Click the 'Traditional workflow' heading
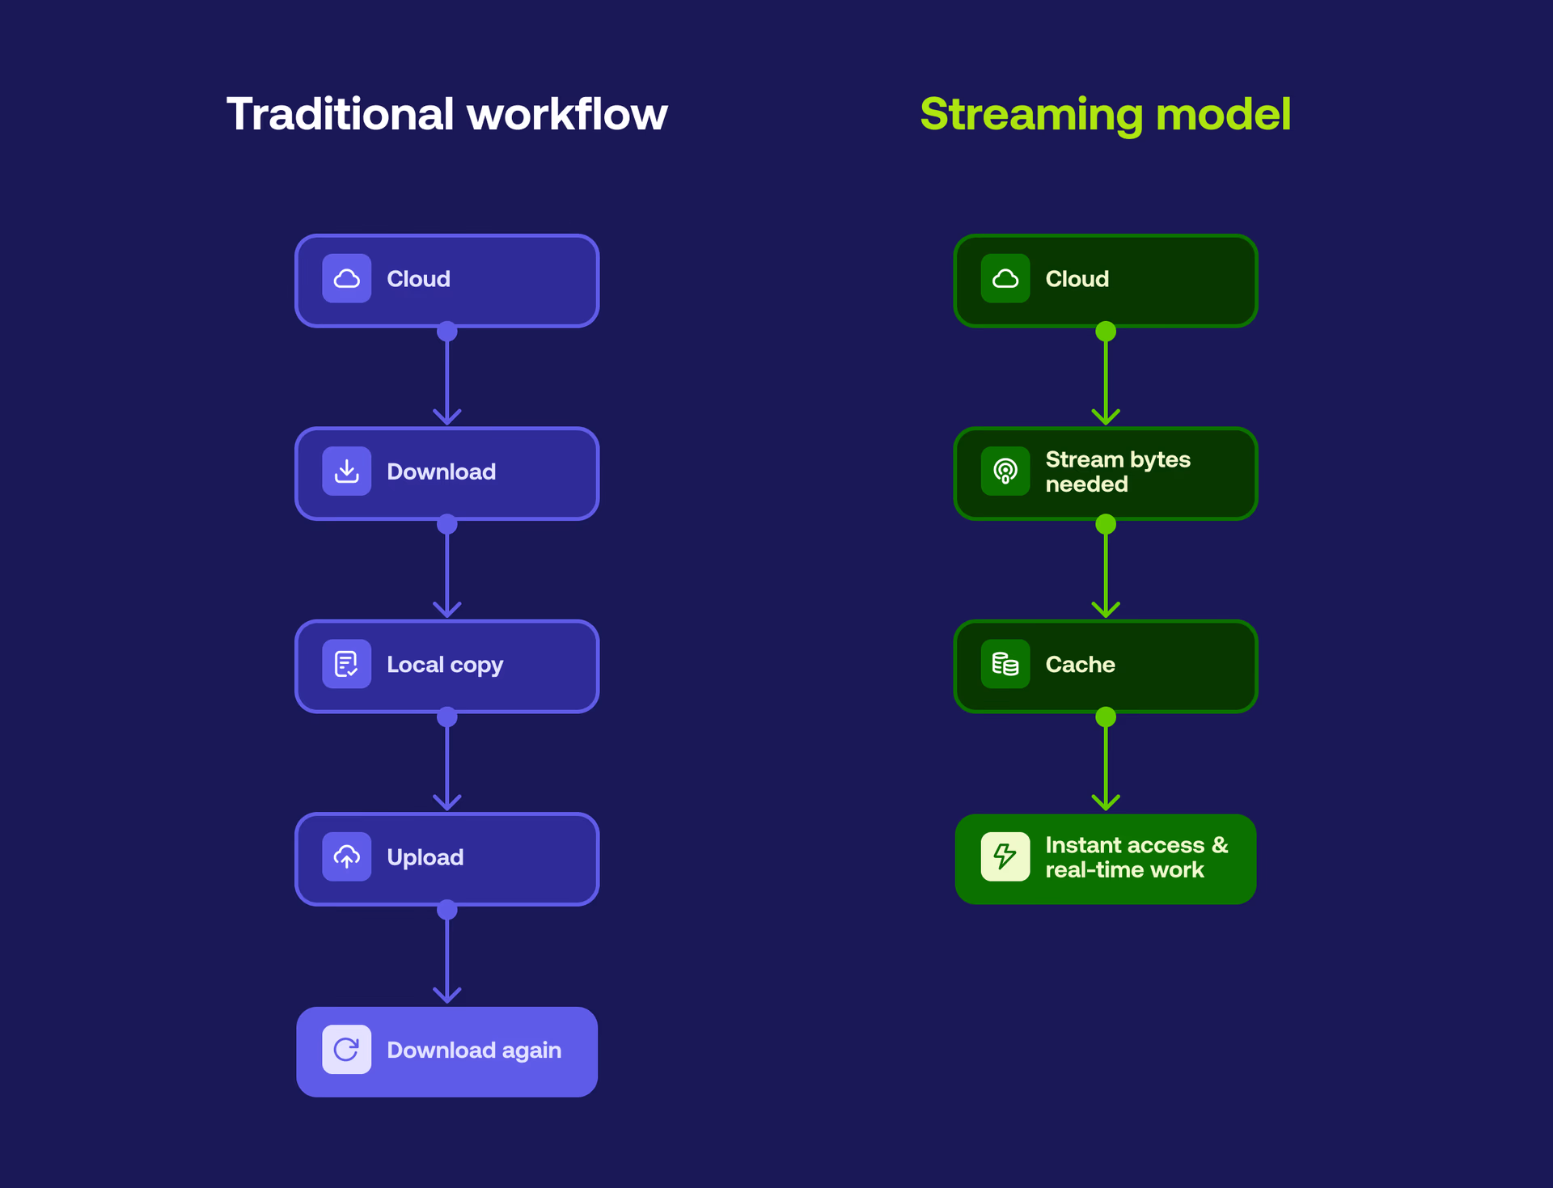click(x=446, y=114)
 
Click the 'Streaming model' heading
click(x=1105, y=114)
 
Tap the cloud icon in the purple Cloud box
click(x=346, y=279)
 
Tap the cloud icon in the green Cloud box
click(x=1005, y=279)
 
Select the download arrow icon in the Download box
click(x=346, y=471)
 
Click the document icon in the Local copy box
click(x=346, y=664)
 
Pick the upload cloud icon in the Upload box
click(x=346, y=856)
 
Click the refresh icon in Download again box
click(x=346, y=1050)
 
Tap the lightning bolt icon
click(x=1005, y=856)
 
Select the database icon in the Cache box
click(x=1005, y=664)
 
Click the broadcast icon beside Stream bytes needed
click(x=1005, y=471)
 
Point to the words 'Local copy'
click(x=445, y=665)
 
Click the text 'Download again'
click(x=474, y=1050)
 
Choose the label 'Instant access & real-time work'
click(x=1136, y=857)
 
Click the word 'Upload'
click(x=425, y=857)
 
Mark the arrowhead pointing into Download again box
click(x=446, y=995)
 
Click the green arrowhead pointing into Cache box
click(x=1105, y=610)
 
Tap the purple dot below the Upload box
click(x=446, y=911)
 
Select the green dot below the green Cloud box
click(x=1105, y=332)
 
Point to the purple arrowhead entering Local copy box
click(x=446, y=610)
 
